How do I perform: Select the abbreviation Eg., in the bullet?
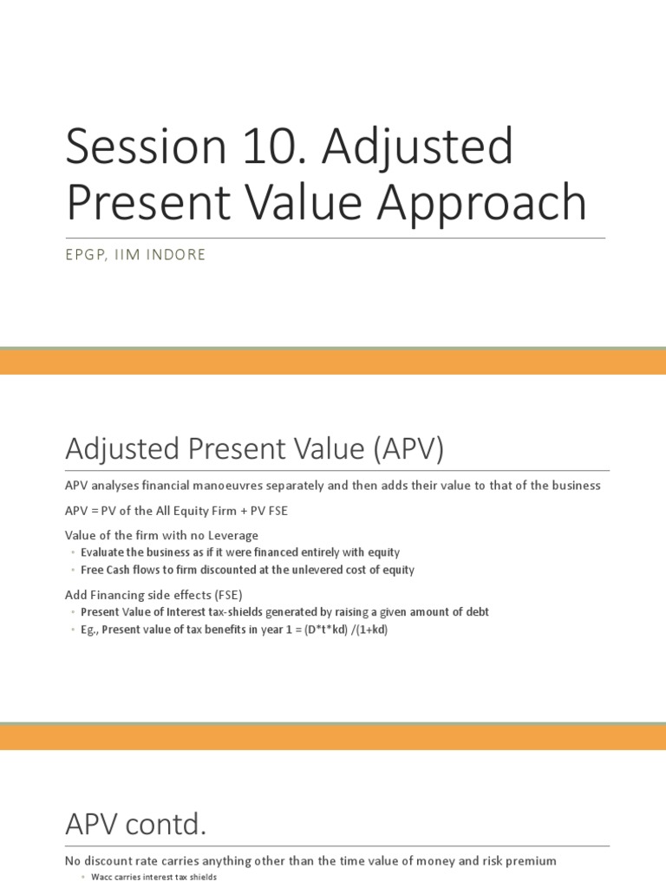click(89, 630)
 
